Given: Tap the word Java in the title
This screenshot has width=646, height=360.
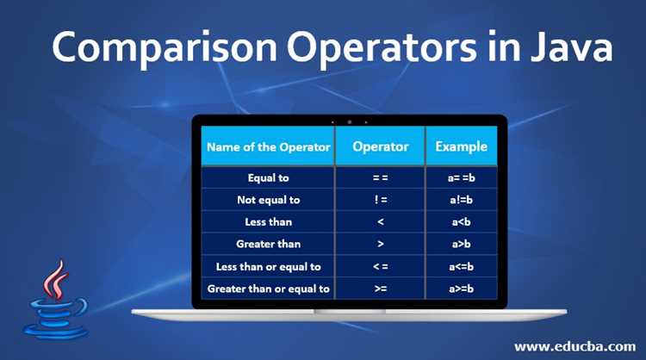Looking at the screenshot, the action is (571, 47).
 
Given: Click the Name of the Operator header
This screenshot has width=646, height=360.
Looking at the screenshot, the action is (268, 146).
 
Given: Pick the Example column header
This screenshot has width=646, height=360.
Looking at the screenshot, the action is (461, 146).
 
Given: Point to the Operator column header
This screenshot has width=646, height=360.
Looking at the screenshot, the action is (380, 146).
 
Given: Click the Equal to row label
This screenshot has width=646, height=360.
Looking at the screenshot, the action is (268, 178).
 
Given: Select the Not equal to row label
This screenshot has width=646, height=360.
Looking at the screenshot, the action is (268, 200).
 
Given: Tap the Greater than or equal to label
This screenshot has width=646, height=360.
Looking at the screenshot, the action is (268, 289).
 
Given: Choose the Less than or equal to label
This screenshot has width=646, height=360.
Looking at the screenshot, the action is (268, 267).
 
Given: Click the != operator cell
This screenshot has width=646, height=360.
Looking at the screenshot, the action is (380, 200).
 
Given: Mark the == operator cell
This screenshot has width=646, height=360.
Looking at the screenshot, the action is (380, 178).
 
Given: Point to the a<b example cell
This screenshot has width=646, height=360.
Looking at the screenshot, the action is (461, 222).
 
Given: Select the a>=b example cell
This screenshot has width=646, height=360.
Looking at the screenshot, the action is (461, 289).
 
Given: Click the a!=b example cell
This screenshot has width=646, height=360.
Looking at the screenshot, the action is (461, 200).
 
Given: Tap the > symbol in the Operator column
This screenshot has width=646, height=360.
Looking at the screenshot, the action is (380, 245).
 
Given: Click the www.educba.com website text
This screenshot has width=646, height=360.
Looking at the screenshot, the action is (575, 346).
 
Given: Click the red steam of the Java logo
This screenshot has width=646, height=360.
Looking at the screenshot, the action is (56, 279).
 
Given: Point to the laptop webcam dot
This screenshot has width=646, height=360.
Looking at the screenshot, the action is (350, 122).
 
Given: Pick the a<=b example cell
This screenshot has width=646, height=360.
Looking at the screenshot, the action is (461, 267).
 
